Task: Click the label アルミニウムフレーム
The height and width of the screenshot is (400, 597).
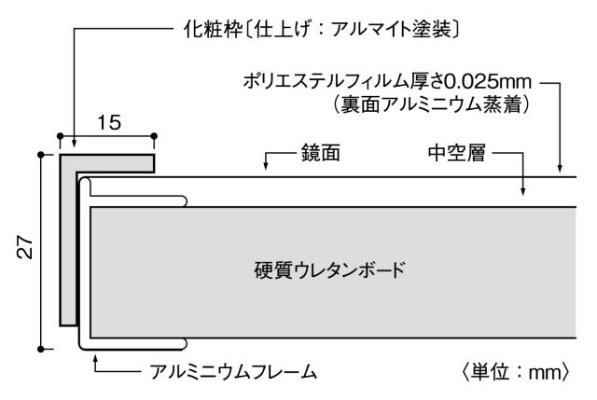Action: [233, 373]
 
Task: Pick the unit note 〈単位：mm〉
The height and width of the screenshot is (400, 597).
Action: [512, 373]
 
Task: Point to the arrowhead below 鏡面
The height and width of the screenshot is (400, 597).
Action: [268, 170]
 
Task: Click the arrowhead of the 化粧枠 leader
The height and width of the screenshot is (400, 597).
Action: [73, 147]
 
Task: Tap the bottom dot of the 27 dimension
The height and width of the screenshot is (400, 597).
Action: [42, 349]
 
